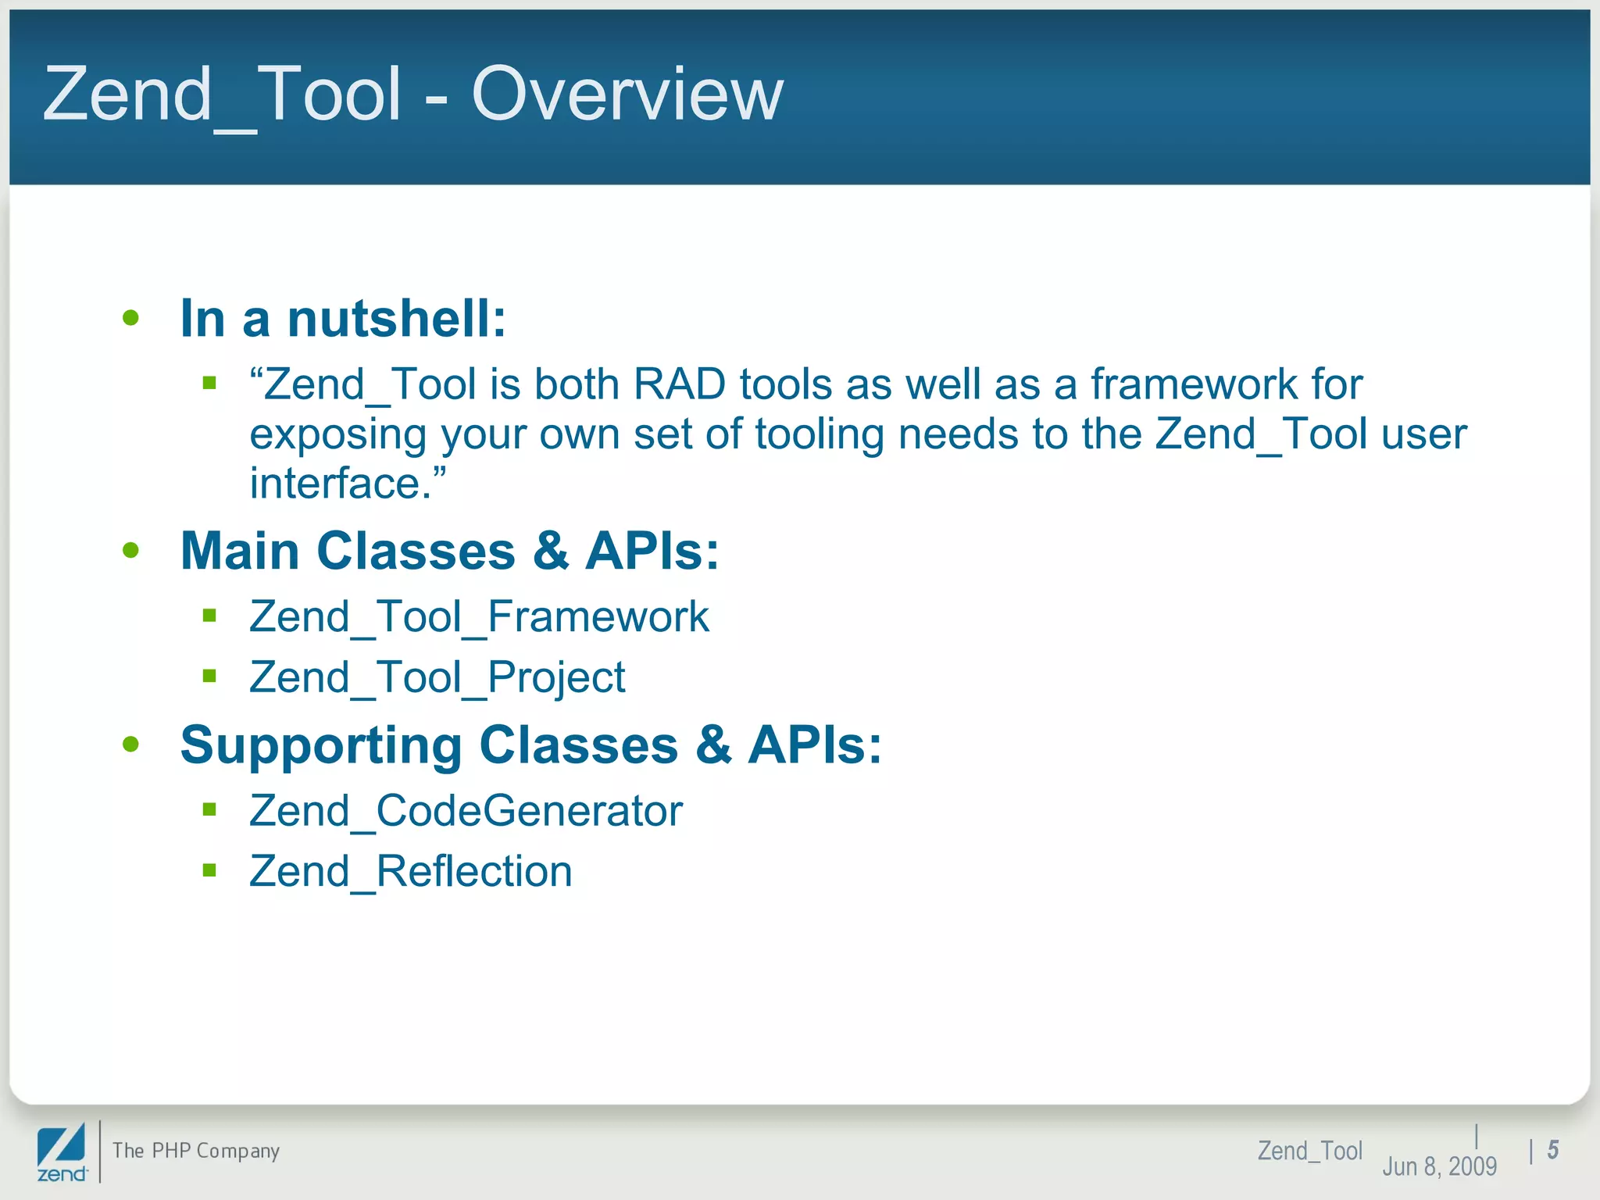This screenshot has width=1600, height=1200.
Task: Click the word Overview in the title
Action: (627, 94)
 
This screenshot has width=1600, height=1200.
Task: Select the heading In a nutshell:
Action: (343, 319)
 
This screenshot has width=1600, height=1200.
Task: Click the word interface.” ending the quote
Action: (348, 483)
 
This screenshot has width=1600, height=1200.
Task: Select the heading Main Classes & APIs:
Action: (449, 552)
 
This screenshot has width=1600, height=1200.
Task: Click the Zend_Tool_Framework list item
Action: (479, 617)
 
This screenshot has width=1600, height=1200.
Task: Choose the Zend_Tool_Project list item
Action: (437, 677)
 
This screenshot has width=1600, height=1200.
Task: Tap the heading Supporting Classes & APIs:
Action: (530, 745)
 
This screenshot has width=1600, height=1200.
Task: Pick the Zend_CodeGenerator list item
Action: (466, 811)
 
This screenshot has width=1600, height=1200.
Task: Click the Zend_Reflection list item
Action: (411, 871)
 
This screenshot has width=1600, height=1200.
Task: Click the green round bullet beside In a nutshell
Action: (130, 318)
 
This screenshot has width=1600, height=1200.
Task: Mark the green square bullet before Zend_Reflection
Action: (209, 870)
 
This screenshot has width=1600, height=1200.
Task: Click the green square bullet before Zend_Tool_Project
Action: (209, 676)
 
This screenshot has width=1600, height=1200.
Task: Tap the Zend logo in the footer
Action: (61, 1152)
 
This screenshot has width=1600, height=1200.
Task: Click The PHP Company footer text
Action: (196, 1151)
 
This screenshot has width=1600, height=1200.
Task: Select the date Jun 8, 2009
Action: (1439, 1166)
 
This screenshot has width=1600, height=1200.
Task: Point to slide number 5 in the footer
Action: (1553, 1150)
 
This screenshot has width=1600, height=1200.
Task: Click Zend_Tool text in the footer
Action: (1309, 1151)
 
